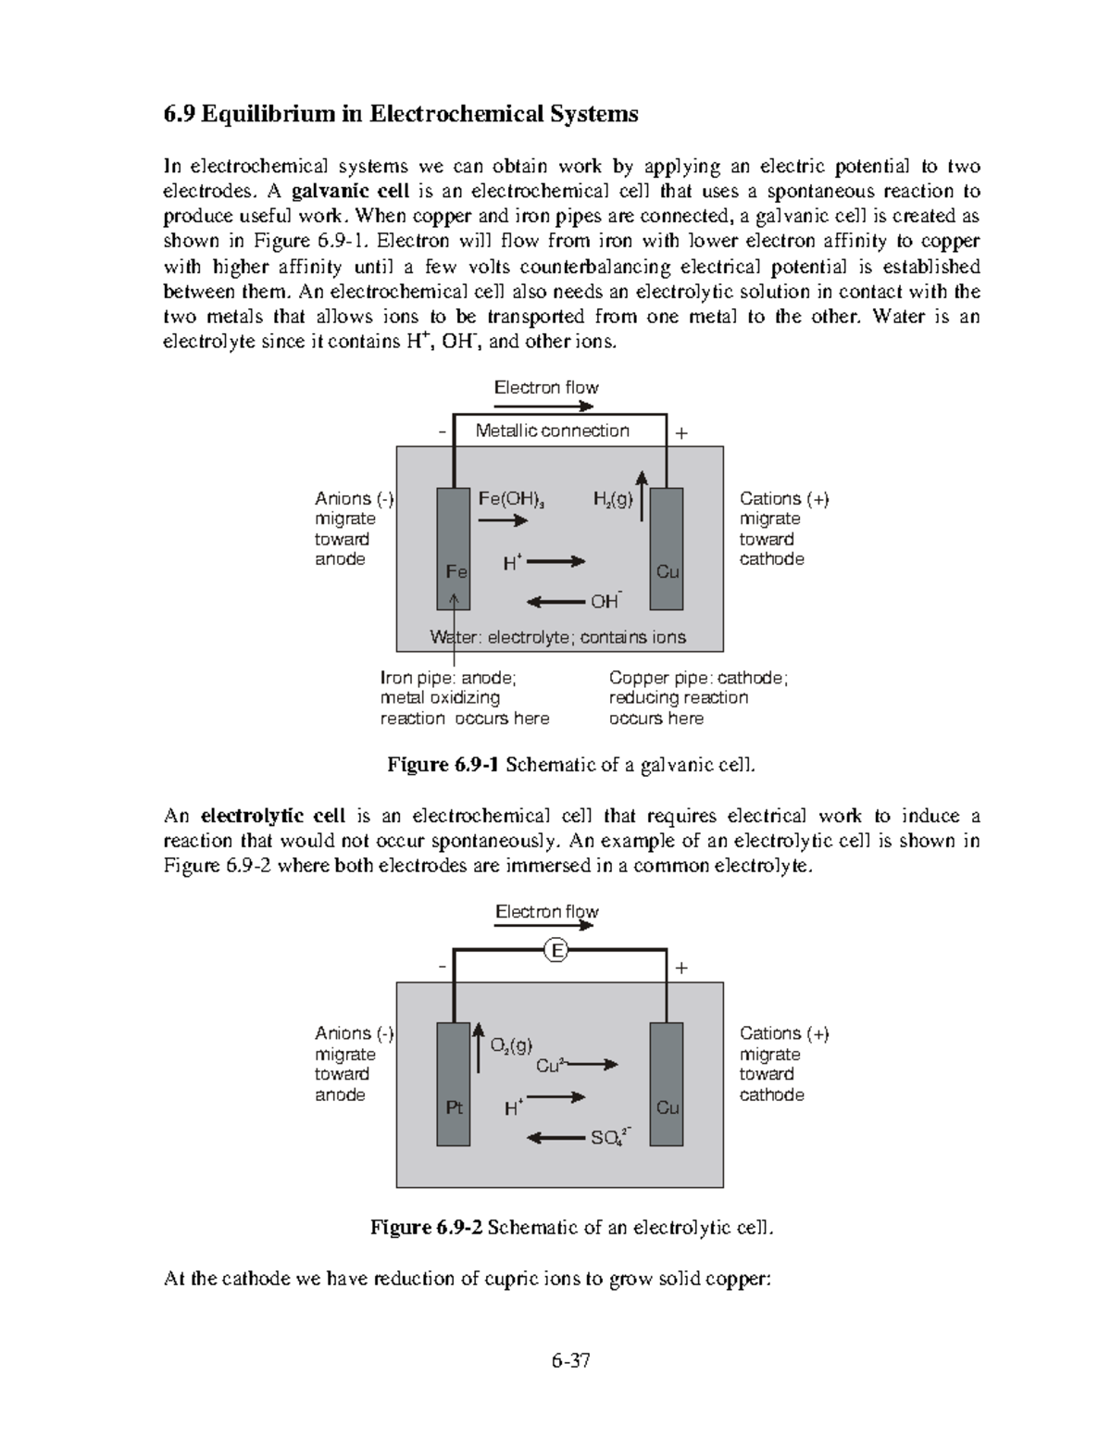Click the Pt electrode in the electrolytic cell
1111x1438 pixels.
(x=453, y=1083)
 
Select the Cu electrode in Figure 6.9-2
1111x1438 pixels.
(x=667, y=1083)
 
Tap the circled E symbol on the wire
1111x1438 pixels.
(x=555, y=950)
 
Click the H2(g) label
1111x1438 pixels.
(x=613, y=500)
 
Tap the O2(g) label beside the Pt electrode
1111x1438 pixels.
(x=511, y=1045)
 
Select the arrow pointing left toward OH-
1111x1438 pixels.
(x=556, y=602)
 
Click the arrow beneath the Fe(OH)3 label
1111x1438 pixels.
(x=503, y=521)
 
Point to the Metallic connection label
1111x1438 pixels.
(x=552, y=431)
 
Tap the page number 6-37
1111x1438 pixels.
(x=571, y=1360)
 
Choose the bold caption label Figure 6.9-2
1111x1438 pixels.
(x=427, y=1228)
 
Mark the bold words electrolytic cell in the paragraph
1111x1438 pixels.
(x=273, y=816)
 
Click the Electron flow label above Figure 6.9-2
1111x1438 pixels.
(x=547, y=912)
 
